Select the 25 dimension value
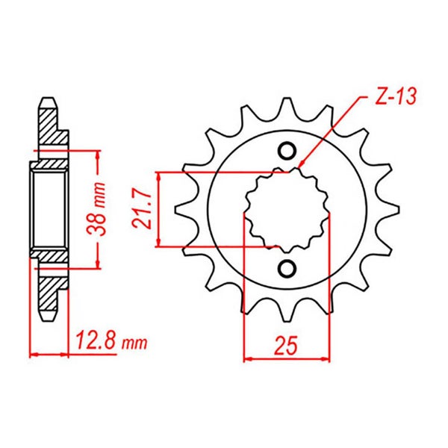tap(286, 346)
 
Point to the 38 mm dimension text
tap(96, 208)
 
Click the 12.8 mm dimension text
tap(111, 342)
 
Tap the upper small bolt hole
tap(287, 151)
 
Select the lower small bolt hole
tap(287, 268)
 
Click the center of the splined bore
tap(287, 209)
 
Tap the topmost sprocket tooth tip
tap(287, 99)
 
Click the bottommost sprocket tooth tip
tap(287, 320)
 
